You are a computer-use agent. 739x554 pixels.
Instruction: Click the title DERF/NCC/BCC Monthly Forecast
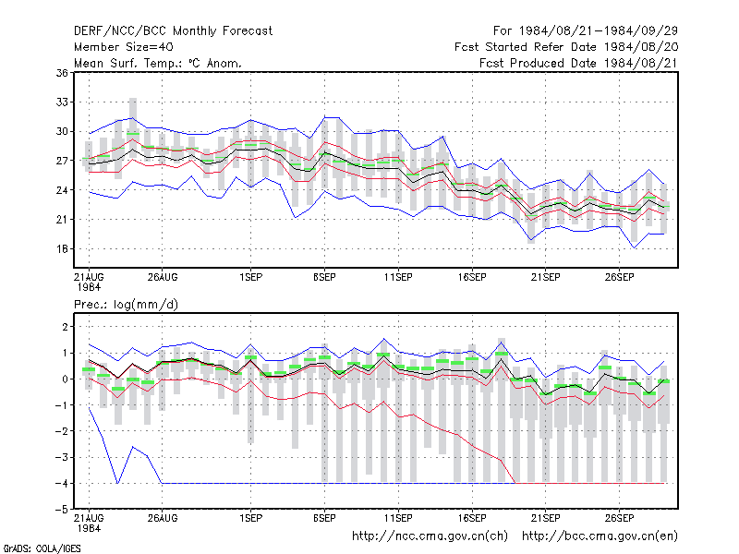(x=173, y=31)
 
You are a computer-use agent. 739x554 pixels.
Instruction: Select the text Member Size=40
(x=124, y=47)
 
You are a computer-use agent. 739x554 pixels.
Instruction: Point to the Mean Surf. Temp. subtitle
(x=158, y=63)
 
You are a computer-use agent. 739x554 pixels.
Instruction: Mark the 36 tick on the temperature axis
(x=62, y=73)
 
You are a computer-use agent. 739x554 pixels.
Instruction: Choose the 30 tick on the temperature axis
(x=62, y=131)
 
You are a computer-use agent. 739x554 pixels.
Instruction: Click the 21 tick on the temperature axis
(x=62, y=220)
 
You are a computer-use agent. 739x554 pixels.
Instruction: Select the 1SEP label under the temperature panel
(x=250, y=277)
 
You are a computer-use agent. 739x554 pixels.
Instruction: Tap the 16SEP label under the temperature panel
(x=472, y=277)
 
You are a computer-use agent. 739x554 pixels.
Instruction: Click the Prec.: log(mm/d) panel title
(x=126, y=305)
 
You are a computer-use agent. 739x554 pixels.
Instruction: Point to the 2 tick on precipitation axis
(x=65, y=327)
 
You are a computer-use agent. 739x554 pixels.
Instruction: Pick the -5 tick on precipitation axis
(x=62, y=510)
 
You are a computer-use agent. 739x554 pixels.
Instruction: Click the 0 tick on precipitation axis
(x=65, y=379)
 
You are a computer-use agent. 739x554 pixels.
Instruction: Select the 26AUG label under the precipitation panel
(x=163, y=518)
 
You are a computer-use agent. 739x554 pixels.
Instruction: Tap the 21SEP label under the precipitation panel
(x=546, y=518)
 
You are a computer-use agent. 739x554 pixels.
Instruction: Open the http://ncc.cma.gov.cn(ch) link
(x=430, y=536)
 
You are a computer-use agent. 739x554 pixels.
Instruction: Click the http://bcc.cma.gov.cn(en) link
(x=600, y=536)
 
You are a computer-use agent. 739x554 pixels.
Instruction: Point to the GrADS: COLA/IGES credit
(x=42, y=548)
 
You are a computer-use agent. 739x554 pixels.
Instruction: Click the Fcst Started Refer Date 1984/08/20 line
(x=566, y=47)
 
